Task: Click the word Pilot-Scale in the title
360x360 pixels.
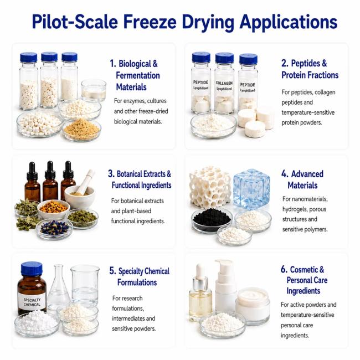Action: [x=75, y=22]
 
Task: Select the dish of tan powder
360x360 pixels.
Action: [x=82, y=130]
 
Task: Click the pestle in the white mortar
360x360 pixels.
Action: [x=85, y=182]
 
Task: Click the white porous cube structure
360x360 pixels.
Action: [x=210, y=187]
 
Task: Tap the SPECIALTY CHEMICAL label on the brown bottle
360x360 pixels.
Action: [x=32, y=302]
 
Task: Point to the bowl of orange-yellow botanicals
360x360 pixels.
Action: [x=54, y=208]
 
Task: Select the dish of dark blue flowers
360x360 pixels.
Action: [x=54, y=228]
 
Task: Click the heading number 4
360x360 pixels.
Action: [x=285, y=174]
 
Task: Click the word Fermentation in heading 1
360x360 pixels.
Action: [x=138, y=75]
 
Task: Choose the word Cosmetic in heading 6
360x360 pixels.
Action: [x=307, y=269]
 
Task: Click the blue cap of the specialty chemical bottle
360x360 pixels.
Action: [x=32, y=269]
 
